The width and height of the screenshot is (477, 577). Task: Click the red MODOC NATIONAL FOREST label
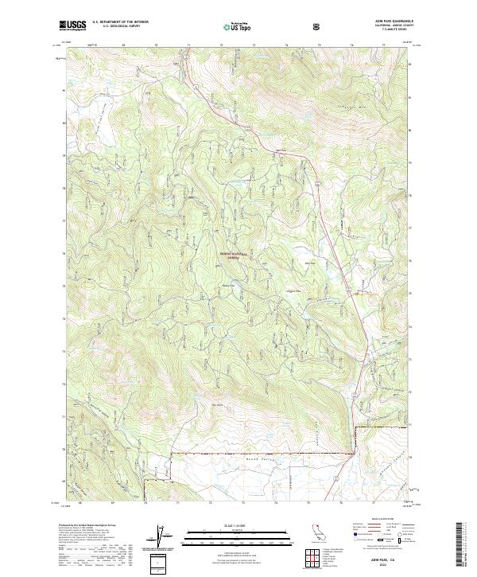click(232, 255)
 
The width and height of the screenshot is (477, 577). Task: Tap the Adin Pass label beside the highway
click(280, 152)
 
